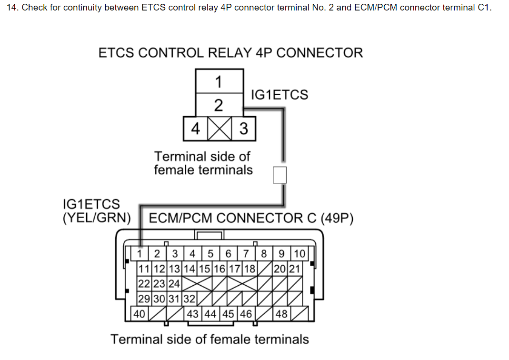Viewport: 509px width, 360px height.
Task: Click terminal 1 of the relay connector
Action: coord(220,81)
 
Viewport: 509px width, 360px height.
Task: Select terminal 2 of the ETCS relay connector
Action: coord(220,105)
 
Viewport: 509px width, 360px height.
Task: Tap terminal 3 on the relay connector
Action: coord(244,129)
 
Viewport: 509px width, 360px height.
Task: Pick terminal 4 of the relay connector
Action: coord(195,129)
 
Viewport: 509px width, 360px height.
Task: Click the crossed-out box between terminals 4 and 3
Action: coord(220,129)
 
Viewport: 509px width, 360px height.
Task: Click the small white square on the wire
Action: coord(280,175)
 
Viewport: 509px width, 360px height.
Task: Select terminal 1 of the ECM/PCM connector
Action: coord(140,253)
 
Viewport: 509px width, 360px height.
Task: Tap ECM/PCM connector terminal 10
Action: coord(299,253)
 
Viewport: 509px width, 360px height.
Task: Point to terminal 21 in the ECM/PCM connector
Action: coord(294,269)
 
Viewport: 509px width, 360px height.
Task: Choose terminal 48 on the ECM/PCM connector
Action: coord(281,314)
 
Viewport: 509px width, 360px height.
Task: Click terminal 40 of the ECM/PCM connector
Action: coord(139,314)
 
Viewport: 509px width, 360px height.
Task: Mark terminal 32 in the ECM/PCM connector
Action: coord(189,299)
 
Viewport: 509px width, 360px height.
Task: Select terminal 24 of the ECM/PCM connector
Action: coord(174,284)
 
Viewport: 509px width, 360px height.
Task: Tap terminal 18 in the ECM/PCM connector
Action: coord(250,269)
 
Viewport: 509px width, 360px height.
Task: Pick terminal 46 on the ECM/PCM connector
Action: coord(246,314)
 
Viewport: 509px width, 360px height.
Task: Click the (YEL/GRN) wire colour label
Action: coord(96,218)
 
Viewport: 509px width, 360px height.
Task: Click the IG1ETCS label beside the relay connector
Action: coord(279,95)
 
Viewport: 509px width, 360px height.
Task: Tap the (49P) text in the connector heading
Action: coord(337,218)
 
